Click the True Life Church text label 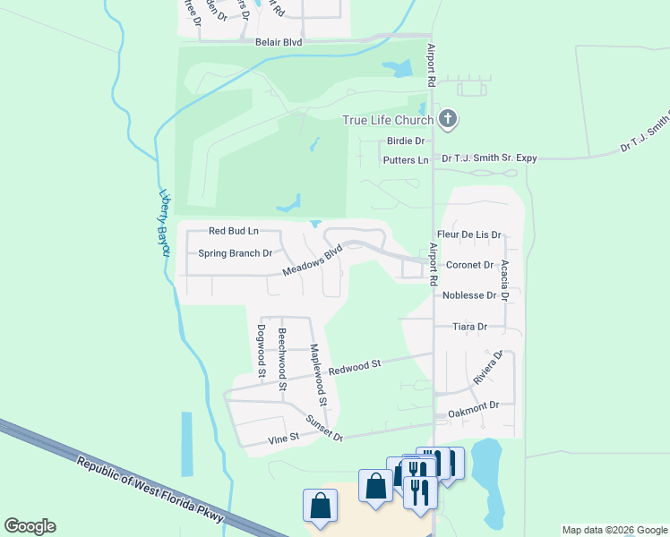(389, 120)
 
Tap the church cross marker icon (449, 119)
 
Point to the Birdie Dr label (405, 141)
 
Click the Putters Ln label (406, 159)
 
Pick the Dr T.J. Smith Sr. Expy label (489, 158)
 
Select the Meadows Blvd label (313, 260)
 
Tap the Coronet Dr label (470, 265)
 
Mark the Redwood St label (355, 367)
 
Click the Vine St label (281, 440)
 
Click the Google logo (30, 526)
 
